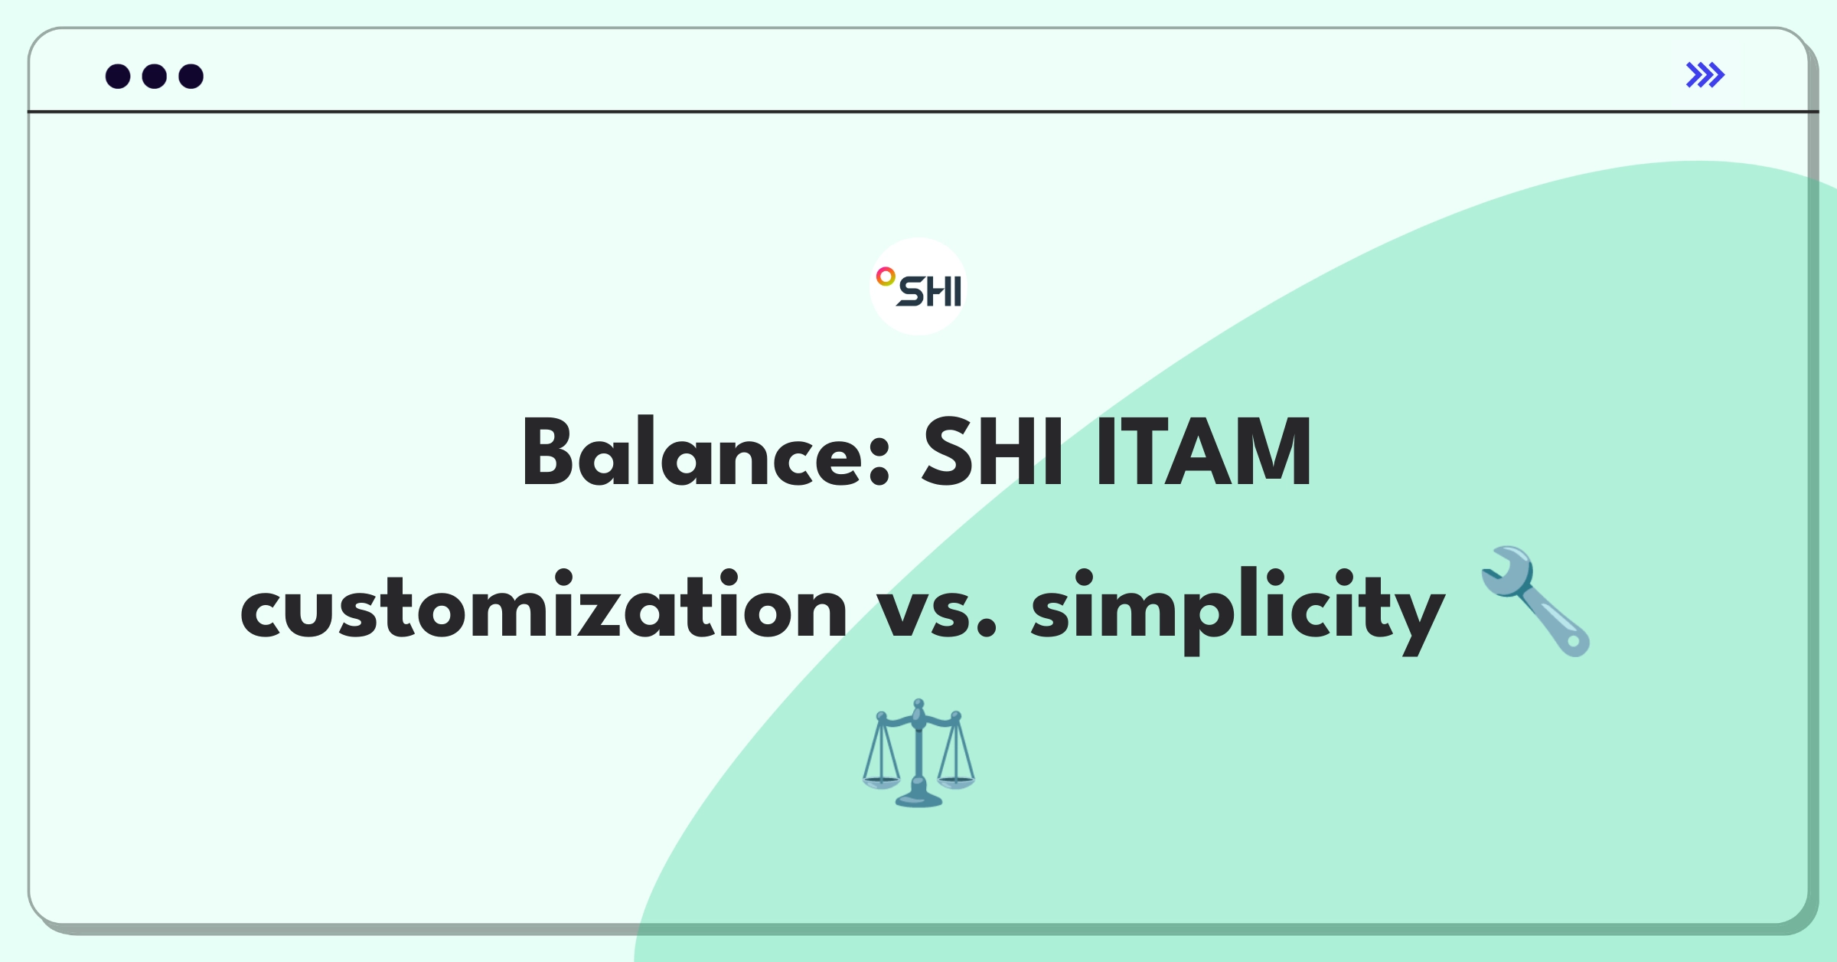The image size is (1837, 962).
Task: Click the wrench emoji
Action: click(1535, 600)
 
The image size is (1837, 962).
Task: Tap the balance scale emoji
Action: click(918, 752)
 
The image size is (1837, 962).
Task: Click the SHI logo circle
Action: click(918, 286)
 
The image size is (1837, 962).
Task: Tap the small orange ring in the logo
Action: click(886, 276)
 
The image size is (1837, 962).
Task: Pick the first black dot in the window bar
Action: click(118, 76)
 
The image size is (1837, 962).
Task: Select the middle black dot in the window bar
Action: click(155, 76)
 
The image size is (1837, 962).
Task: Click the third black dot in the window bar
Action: click(191, 76)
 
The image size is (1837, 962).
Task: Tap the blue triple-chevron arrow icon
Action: click(1705, 75)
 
